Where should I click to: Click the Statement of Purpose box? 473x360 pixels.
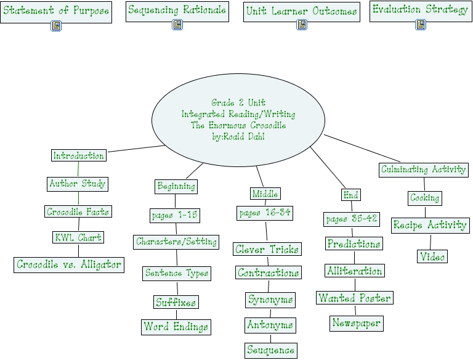[x=55, y=11]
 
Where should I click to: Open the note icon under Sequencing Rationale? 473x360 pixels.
[x=177, y=25]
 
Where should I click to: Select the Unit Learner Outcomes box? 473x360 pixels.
[x=302, y=11]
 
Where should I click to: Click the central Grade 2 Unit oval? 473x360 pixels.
[x=238, y=120]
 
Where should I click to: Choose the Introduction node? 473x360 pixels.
[x=78, y=155]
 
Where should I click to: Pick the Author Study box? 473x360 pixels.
[x=78, y=183]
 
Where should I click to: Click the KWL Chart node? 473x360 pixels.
[x=78, y=237]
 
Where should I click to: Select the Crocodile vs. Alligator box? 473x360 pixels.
[x=69, y=264]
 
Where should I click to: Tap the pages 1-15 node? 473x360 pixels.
[x=175, y=215]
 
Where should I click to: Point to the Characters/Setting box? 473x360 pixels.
[x=176, y=242]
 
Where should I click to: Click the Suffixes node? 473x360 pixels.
[x=176, y=302]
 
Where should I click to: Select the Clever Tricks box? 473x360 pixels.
[x=267, y=249]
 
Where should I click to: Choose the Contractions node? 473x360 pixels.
[x=269, y=272]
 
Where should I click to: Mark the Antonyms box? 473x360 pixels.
[x=270, y=324]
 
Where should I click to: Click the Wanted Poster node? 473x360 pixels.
[x=355, y=298]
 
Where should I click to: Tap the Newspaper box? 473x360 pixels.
[x=356, y=322]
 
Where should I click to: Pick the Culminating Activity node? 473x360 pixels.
[x=424, y=169]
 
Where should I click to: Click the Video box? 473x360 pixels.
[x=432, y=256]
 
